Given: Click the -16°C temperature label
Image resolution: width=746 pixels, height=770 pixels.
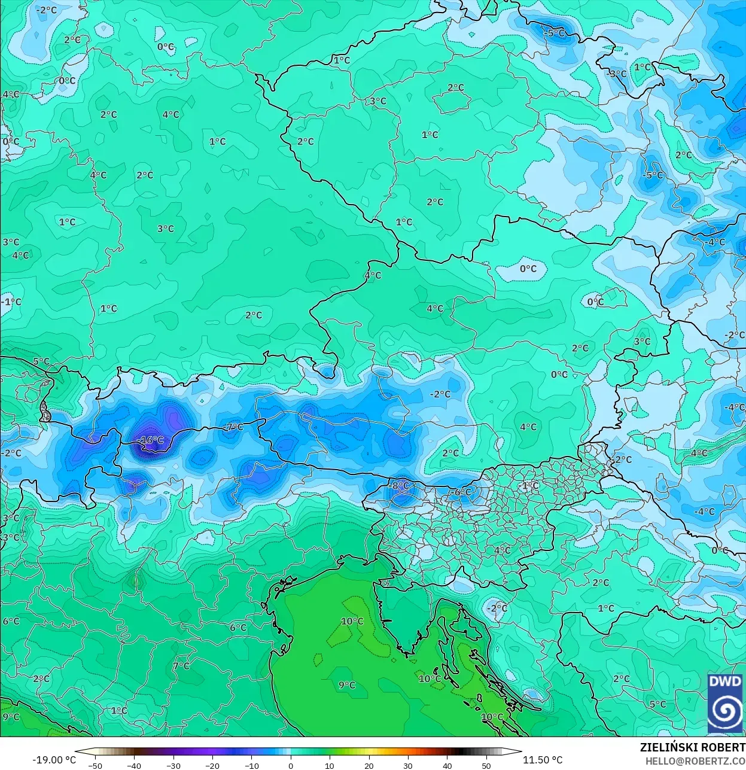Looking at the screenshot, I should point(150,440).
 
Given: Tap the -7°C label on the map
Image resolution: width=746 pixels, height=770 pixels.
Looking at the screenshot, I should point(233,427).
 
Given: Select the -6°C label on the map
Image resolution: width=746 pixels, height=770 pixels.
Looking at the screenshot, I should point(461,492).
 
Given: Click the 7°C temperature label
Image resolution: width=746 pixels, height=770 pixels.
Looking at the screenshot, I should point(181,666).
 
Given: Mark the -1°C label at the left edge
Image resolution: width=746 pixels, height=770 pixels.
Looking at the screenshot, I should point(11,302).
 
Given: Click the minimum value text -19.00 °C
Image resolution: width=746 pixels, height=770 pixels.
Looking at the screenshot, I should point(54,760).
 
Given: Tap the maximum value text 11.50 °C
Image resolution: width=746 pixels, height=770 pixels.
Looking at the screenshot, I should point(543,760).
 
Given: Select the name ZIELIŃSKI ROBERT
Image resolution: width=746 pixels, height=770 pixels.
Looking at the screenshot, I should point(692,747).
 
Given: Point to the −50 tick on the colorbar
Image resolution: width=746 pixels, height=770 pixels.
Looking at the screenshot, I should point(95,765).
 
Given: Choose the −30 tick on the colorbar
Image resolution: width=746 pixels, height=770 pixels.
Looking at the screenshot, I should point(173,765).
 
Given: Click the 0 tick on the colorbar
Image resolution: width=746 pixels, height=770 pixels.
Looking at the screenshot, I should point(291,765).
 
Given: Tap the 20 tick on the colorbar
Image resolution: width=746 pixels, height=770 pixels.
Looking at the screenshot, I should point(369,765).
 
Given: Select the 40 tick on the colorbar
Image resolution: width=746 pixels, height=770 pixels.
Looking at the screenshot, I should point(447,765).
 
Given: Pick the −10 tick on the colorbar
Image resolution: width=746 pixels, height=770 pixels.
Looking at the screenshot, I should point(251,765).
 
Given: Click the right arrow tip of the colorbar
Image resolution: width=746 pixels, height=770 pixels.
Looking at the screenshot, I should point(520,753).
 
